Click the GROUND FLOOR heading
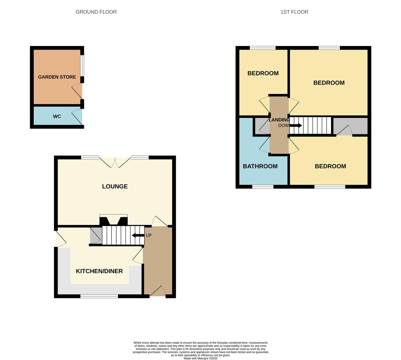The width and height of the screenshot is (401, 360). (96, 12)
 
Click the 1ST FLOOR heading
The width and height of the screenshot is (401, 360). (294, 12)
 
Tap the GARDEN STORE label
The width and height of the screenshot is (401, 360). (57, 77)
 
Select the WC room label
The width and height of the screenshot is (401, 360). (57, 116)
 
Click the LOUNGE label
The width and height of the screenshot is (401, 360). (115, 186)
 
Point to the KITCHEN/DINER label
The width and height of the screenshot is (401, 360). (99, 271)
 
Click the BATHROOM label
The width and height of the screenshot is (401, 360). (260, 166)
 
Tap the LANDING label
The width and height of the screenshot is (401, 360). (279, 120)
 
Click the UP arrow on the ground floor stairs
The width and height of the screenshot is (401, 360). (138, 235)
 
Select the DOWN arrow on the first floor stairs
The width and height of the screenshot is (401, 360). (296, 125)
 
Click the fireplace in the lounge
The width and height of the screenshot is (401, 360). (114, 220)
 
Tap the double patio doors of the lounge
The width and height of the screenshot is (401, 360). (115, 162)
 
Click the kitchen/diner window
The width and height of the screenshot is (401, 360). (99, 296)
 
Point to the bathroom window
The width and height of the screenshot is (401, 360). (263, 187)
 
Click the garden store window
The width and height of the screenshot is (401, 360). (82, 66)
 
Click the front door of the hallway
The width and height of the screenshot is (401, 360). (158, 292)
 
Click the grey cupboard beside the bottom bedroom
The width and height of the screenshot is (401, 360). (350, 126)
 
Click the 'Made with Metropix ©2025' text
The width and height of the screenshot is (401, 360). (200, 358)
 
